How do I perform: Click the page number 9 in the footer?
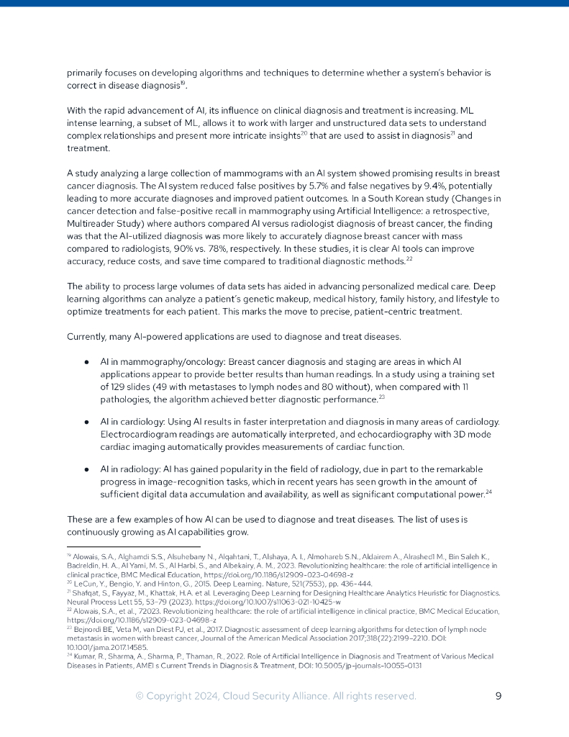point(499,696)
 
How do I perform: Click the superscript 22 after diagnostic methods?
point(409,258)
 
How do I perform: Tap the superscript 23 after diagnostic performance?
point(382,397)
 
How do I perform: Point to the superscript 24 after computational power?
point(488,492)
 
